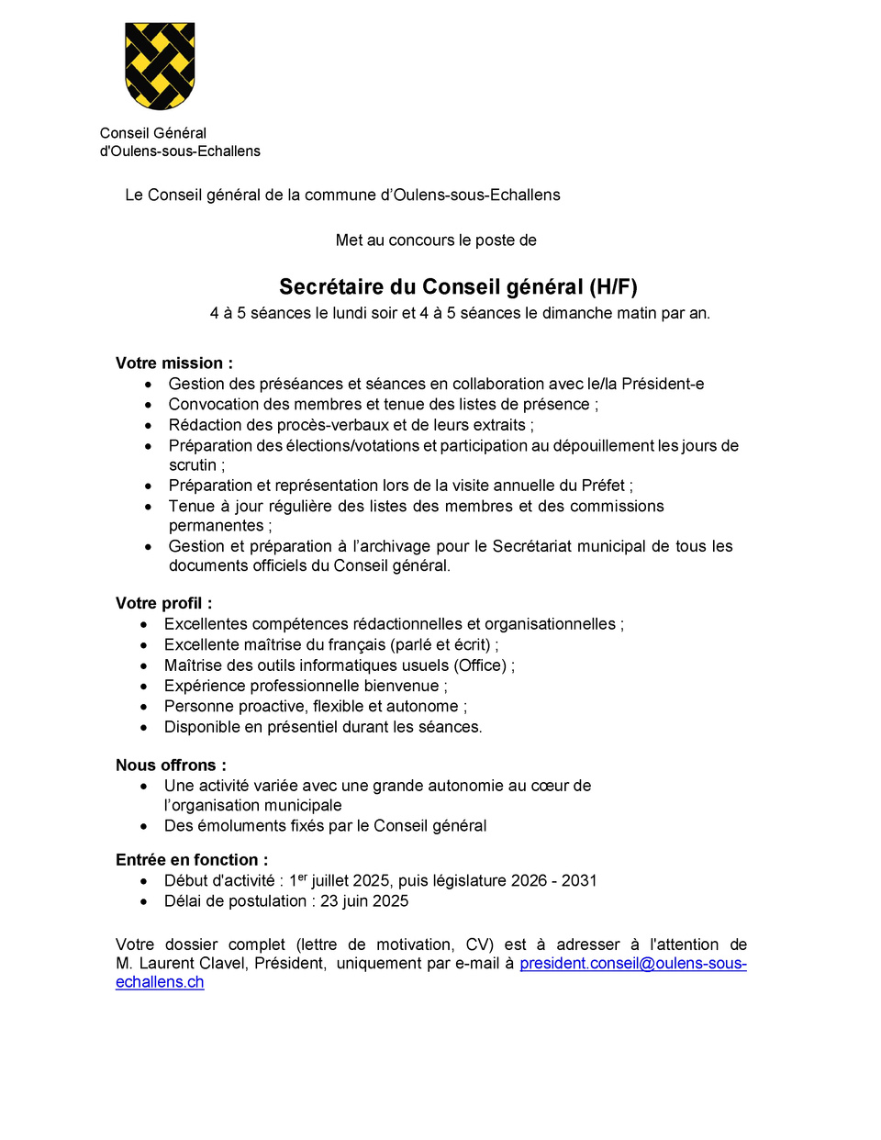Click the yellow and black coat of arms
pyautogui.click(x=160, y=66)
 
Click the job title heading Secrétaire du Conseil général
pyautogui.click(x=458, y=287)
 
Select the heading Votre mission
pyautogui.click(x=173, y=363)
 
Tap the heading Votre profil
pyautogui.click(x=163, y=603)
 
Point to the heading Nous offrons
pyautogui.click(x=171, y=766)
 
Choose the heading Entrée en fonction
pyautogui.click(x=192, y=860)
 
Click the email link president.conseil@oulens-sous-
pyautogui.click(x=632, y=964)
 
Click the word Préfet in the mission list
pyautogui.click(x=603, y=486)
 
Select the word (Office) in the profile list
pyautogui.click(x=480, y=665)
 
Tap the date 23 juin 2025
pyautogui.click(x=364, y=901)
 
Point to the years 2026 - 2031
pyautogui.click(x=553, y=881)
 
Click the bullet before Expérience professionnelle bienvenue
pyautogui.click(x=144, y=687)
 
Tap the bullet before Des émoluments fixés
pyautogui.click(x=144, y=826)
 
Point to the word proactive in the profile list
pyautogui.click(x=272, y=707)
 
